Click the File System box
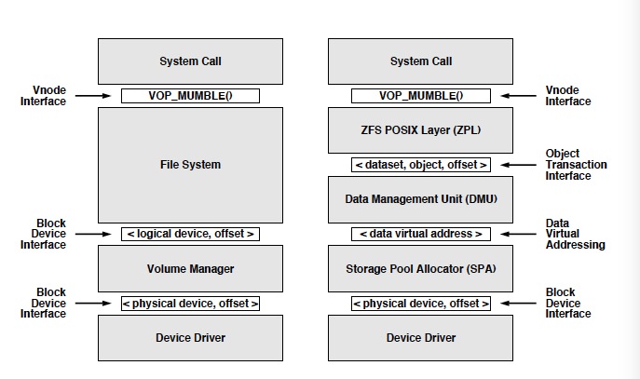click(190, 165)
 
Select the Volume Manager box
click(190, 269)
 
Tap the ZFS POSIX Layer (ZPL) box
click(420, 129)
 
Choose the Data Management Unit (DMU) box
click(420, 198)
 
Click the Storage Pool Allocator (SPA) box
click(420, 269)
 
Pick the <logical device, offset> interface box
click(190, 234)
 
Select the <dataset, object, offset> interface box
click(420, 165)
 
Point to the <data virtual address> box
click(420, 234)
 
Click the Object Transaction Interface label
click(576, 165)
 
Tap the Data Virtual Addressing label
click(576, 234)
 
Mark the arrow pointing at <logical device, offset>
click(93, 234)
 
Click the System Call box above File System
click(190, 61)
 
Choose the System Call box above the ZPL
click(420, 61)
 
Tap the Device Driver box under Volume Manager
click(190, 337)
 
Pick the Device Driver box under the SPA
click(420, 337)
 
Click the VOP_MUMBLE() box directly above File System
click(190, 96)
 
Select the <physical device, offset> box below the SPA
click(420, 304)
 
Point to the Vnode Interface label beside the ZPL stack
click(568, 96)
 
